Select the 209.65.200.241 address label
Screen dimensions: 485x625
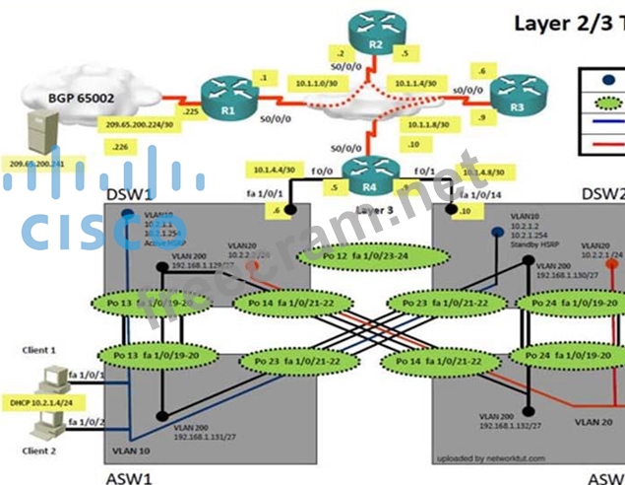(x=35, y=164)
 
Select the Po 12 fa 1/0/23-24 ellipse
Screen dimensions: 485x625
(x=348, y=257)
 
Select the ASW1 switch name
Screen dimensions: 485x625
(x=128, y=476)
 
